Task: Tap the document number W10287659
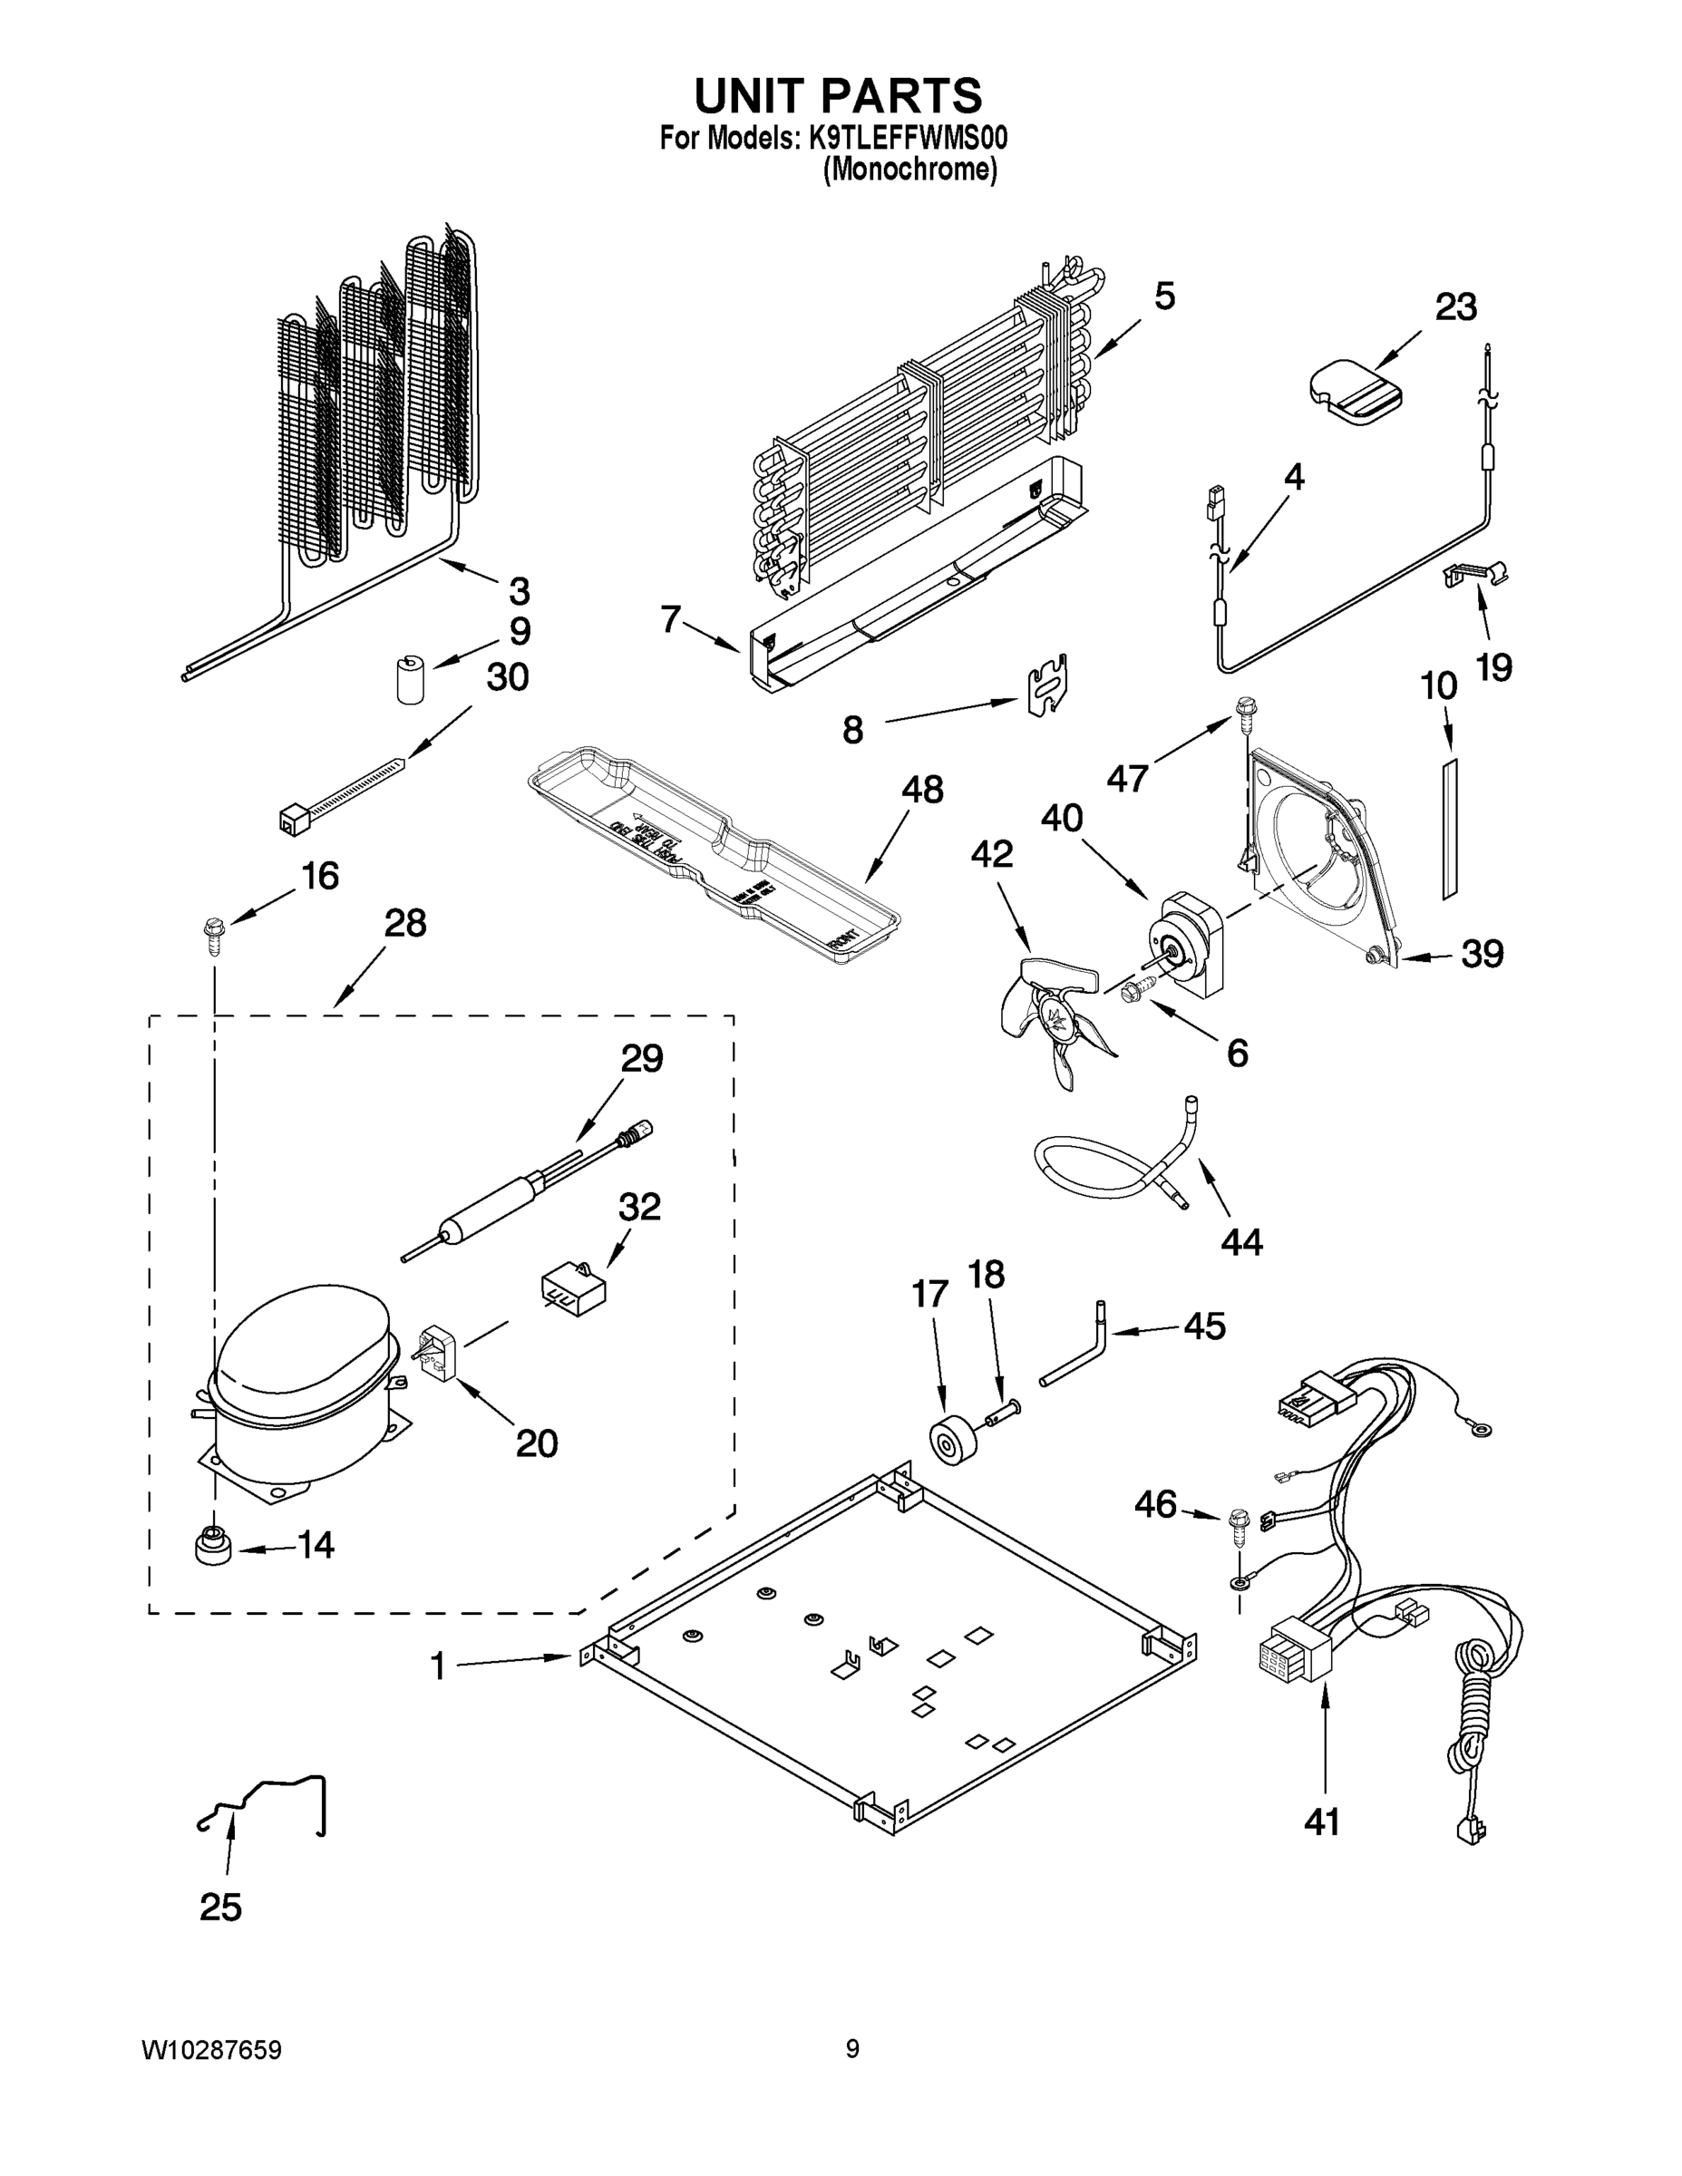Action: (211, 2049)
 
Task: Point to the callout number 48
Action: (922, 790)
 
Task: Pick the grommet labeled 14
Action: (211, 1545)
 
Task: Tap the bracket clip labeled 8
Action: (1046, 687)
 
